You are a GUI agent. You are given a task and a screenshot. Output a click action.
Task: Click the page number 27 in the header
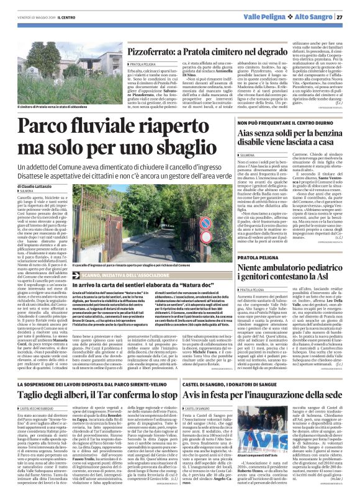352,17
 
